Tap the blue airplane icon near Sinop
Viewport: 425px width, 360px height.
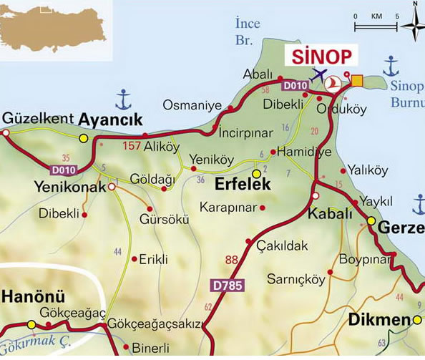(x=318, y=74)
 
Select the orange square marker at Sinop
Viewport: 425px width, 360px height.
(x=357, y=81)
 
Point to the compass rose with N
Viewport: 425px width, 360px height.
(x=412, y=26)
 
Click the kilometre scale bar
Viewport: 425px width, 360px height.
(x=376, y=26)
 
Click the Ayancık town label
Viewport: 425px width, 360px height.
(x=110, y=119)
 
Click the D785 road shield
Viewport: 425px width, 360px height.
(x=228, y=286)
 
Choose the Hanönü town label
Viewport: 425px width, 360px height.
(x=34, y=296)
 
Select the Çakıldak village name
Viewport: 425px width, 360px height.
(x=282, y=245)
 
